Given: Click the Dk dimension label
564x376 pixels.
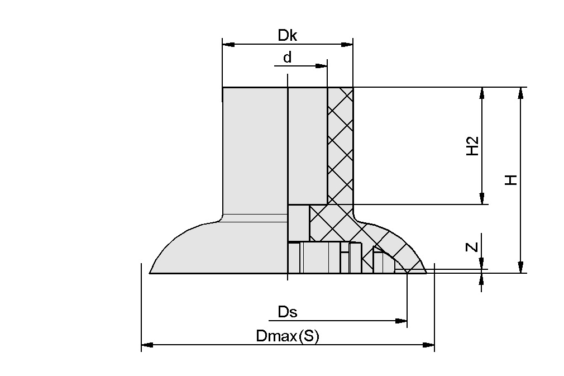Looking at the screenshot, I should click(x=288, y=36).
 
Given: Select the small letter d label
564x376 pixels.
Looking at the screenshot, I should click(x=287, y=58).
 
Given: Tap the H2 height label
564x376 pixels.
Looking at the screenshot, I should click(x=473, y=146).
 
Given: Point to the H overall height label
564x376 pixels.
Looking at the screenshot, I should click(x=511, y=180).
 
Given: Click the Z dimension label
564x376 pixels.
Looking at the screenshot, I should click(x=472, y=246).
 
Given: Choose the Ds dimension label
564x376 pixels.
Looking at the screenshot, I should click(x=287, y=312).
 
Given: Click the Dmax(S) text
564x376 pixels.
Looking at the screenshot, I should click(x=287, y=336).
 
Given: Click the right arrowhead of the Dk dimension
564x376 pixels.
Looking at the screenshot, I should click(x=348, y=44).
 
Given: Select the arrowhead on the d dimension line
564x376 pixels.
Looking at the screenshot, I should click(x=322, y=66).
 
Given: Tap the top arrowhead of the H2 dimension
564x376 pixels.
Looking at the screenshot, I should click(x=481, y=92).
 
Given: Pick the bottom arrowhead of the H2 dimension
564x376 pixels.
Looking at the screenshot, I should click(x=481, y=199).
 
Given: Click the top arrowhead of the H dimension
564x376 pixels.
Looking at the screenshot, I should click(x=520, y=92).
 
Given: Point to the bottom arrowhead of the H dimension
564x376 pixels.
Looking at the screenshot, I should click(x=520, y=268).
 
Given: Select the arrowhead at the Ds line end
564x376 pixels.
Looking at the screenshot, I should click(x=401, y=321).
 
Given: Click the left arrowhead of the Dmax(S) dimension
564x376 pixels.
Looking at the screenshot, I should click(x=146, y=345).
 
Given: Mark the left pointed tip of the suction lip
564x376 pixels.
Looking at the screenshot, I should click(x=151, y=273).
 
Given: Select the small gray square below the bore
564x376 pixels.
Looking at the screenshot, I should click(x=298, y=222).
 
